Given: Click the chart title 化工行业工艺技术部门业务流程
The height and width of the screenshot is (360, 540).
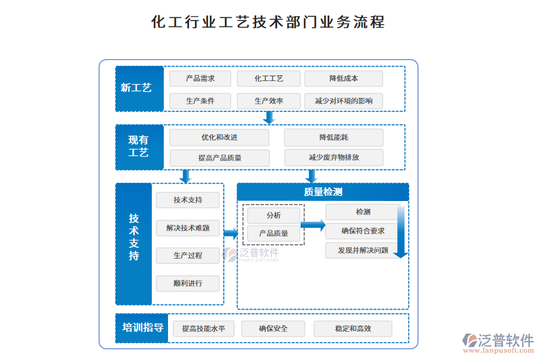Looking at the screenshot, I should pyautogui.click(x=268, y=22).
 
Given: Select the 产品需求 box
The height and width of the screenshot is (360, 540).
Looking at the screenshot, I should pyautogui.click(x=200, y=79).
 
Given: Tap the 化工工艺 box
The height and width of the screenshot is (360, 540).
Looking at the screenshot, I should pyautogui.click(x=268, y=79).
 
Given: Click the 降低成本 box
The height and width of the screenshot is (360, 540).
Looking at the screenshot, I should pyautogui.click(x=343, y=79).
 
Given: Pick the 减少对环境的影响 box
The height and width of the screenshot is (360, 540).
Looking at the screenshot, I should pyautogui.click(x=343, y=101).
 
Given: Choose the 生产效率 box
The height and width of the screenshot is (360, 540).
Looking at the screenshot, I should pyautogui.click(x=268, y=101).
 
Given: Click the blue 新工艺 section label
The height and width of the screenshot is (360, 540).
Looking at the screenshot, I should pyautogui.click(x=139, y=88).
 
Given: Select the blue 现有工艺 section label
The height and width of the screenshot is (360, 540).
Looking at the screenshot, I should pyautogui.click(x=139, y=146).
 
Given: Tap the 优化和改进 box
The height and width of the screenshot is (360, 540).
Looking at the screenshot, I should pyautogui.click(x=219, y=137).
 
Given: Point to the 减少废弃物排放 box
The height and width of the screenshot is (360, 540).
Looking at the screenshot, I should pyautogui.click(x=334, y=158).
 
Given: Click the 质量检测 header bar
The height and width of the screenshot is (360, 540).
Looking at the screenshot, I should pyautogui.click(x=323, y=192).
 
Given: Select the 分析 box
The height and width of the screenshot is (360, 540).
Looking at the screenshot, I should pyautogui.click(x=273, y=215).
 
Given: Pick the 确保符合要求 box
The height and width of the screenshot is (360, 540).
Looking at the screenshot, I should pyautogui.click(x=362, y=230).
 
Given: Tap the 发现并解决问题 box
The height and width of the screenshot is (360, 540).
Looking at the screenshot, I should pyautogui.click(x=362, y=250).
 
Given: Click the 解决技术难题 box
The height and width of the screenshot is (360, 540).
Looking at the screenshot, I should pyautogui.click(x=188, y=228).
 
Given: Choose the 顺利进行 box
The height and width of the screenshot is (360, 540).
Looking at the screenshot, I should pyautogui.click(x=188, y=283).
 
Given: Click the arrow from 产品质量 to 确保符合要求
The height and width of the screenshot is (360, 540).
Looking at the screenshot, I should pyautogui.click(x=313, y=225).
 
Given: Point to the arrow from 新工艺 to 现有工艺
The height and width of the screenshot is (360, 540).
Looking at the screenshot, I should pyautogui.click(x=269, y=117).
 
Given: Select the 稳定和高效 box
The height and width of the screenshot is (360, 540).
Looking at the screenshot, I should pyautogui.click(x=353, y=329).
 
